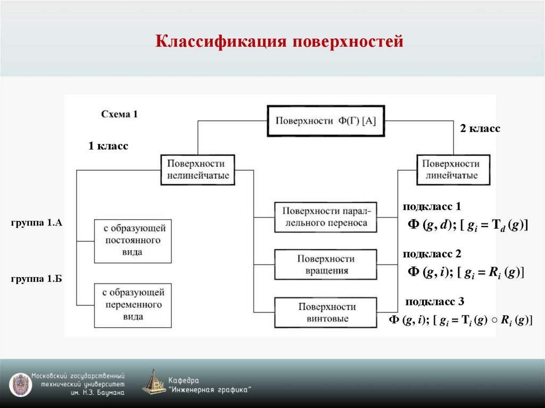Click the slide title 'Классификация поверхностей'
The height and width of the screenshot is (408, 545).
click(x=279, y=41)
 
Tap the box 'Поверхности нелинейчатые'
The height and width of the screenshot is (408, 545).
click(x=199, y=170)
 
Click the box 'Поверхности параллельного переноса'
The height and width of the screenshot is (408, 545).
click(x=325, y=217)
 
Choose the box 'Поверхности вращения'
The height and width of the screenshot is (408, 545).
click(x=325, y=264)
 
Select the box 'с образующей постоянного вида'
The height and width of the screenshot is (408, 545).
click(x=133, y=240)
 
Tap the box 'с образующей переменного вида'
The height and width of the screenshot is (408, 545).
click(x=133, y=305)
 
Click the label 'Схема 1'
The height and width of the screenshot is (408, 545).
click(x=119, y=114)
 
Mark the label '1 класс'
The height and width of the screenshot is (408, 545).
click(x=108, y=146)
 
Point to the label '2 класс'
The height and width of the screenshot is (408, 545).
click(x=480, y=129)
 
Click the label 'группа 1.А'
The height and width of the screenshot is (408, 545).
click(x=36, y=223)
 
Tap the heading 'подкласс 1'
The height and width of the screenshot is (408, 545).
click(x=432, y=206)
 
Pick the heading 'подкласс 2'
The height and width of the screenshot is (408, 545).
click(x=432, y=254)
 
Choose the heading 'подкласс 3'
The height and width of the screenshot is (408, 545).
click(x=435, y=302)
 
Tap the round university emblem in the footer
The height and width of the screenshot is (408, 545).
click(x=20, y=385)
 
